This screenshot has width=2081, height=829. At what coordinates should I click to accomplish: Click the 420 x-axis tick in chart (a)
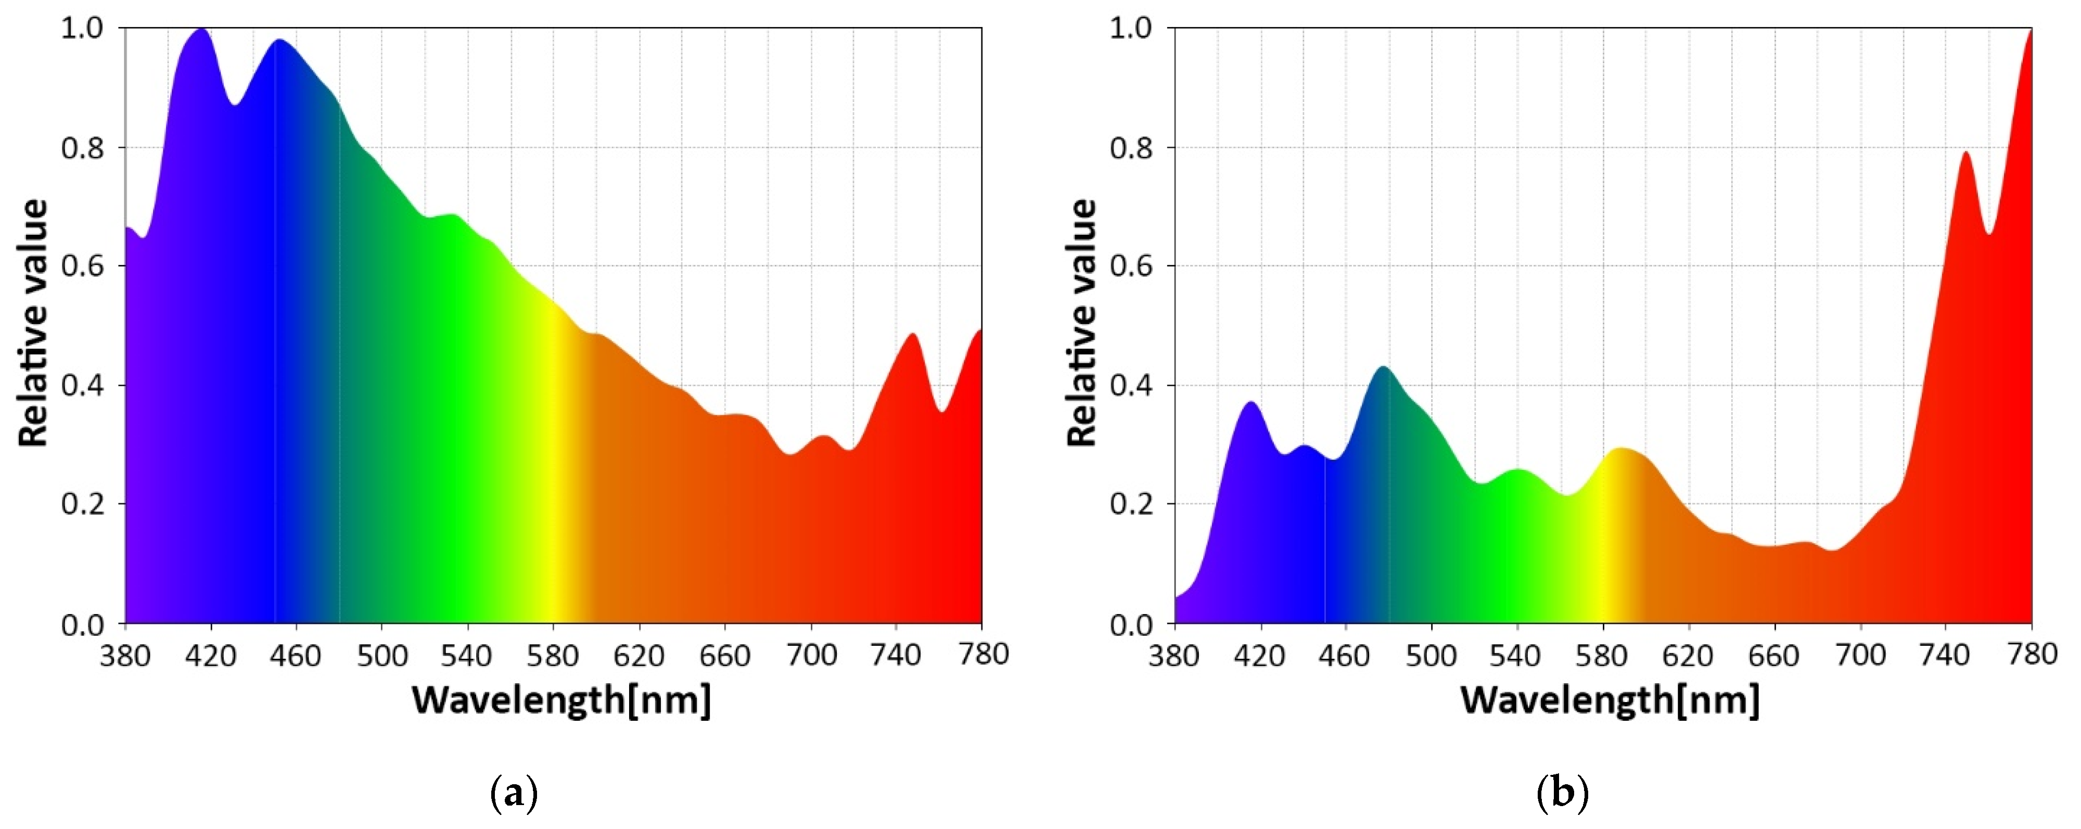pos(211,655)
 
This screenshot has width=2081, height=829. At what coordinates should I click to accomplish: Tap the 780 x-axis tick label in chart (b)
pos(2032,655)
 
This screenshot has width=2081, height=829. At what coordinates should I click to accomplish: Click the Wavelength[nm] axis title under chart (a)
pos(561,700)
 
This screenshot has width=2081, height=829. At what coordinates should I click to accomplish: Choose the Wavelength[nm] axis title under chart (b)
pos(1610,700)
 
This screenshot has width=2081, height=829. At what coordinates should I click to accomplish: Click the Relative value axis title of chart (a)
pos(34,323)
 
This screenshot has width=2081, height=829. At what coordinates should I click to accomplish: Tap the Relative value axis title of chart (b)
pos(1082,323)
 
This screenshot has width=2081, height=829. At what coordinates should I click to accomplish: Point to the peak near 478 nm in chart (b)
pos(1384,367)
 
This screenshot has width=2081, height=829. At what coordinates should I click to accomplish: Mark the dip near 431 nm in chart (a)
pos(235,104)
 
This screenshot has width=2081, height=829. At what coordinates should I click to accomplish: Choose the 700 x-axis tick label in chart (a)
pos(811,655)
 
